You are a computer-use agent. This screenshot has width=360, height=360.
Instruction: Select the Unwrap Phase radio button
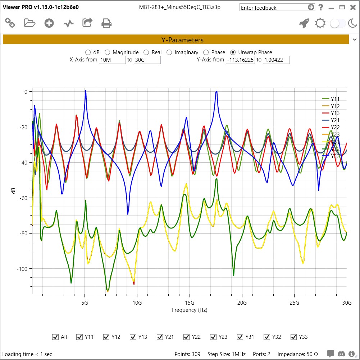tap(233, 52)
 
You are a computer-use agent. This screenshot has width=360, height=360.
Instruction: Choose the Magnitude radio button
tap(107, 52)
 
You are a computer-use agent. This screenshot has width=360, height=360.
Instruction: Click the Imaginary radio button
tap(169, 52)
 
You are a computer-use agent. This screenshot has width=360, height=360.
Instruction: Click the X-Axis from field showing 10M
tap(112, 60)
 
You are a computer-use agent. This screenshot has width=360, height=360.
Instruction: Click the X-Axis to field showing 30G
tap(147, 60)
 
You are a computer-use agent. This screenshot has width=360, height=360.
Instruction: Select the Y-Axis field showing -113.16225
tap(240, 60)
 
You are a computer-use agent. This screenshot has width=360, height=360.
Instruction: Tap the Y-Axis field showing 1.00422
tap(276, 60)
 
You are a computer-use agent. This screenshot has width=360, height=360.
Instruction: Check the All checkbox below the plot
tap(55, 337)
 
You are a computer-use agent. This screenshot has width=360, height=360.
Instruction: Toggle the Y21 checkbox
tap(160, 337)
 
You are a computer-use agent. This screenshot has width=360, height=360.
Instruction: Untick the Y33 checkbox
tap(293, 337)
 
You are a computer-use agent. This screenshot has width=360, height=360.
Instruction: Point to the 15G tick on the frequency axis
tap(190, 303)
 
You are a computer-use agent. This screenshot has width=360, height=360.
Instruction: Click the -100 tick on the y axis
tap(22, 269)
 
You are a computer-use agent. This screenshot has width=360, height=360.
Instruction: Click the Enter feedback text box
tap(273, 8)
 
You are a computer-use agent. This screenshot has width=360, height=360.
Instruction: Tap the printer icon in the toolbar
tap(106, 23)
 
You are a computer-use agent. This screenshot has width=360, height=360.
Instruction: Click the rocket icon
tap(304, 23)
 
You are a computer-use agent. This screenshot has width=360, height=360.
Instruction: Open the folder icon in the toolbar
tap(29, 23)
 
